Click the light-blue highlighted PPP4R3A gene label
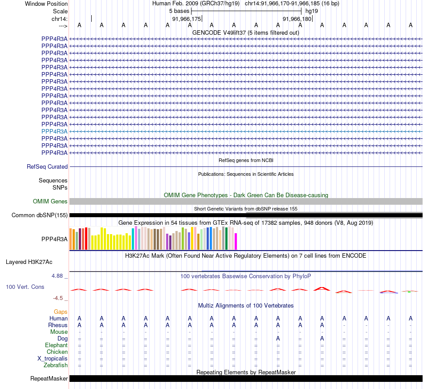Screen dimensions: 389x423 (x=54, y=131)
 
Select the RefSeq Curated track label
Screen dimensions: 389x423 (x=47, y=166)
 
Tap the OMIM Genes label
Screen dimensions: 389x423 (x=50, y=202)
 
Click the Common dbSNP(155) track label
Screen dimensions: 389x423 (x=40, y=215)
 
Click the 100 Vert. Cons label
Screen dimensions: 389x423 (x=25, y=287)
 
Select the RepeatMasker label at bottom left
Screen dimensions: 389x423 (x=49, y=379)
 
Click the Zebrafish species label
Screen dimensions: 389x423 (x=56, y=365)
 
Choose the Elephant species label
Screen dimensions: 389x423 (x=56, y=345)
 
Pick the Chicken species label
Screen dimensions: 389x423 (x=57, y=352)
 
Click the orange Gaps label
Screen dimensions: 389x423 (x=61, y=312)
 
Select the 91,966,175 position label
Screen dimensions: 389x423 (x=187, y=19)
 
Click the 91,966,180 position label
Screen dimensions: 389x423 (x=297, y=19)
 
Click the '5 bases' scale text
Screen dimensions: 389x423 (x=179, y=11)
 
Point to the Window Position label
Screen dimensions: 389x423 (x=46, y=4)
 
